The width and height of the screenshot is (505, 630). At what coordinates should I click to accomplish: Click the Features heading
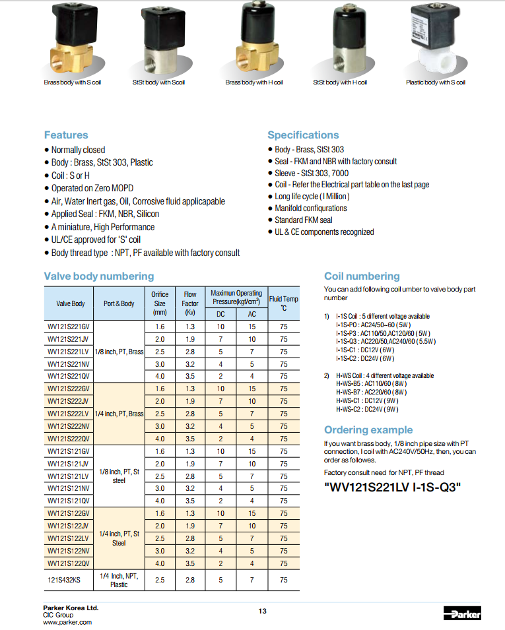click(66, 135)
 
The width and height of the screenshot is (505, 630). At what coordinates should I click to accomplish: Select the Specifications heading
click(303, 135)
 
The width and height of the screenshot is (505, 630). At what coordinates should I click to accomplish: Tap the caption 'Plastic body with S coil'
click(435, 82)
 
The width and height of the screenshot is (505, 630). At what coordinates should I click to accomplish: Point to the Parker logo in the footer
click(462, 614)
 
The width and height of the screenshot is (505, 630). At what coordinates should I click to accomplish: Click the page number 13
click(262, 612)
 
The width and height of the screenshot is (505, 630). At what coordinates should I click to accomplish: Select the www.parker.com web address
click(67, 622)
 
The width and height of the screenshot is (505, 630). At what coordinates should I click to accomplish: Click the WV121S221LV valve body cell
click(69, 352)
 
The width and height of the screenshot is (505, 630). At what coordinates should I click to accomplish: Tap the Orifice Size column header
click(160, 303)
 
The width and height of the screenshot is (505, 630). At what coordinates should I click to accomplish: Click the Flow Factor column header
click(190, 303)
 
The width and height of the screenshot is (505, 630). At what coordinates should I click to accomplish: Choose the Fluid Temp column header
click(283, 303)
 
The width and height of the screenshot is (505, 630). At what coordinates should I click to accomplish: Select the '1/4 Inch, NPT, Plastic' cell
click(119, 581)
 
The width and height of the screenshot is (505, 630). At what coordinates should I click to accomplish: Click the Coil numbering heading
click(362, 276)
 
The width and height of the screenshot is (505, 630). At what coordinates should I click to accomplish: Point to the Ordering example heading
click(369, 429)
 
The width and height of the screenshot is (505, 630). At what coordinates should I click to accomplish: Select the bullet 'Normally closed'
click(78, 150)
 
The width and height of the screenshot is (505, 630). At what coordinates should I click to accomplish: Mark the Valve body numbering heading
click(99, 276)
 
